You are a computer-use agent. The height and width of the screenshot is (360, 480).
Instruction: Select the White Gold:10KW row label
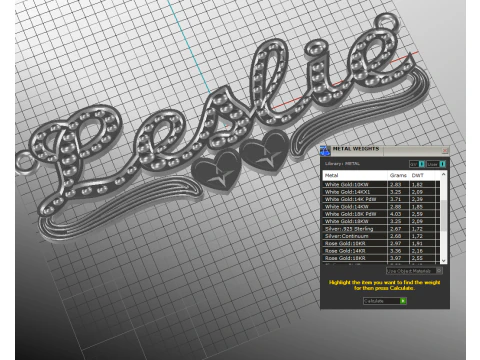click(345, 185)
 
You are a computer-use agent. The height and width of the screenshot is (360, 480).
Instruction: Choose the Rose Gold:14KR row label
click(345, 250)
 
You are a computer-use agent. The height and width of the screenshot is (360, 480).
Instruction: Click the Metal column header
click(333, 174)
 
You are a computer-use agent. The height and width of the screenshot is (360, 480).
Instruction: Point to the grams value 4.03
click(395, 214)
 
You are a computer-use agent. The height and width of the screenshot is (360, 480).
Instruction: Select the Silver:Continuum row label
click(346, 235)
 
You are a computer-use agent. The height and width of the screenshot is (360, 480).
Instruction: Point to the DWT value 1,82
click(420, 185)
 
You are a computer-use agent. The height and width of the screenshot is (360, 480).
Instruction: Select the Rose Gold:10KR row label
click(345, 243)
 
